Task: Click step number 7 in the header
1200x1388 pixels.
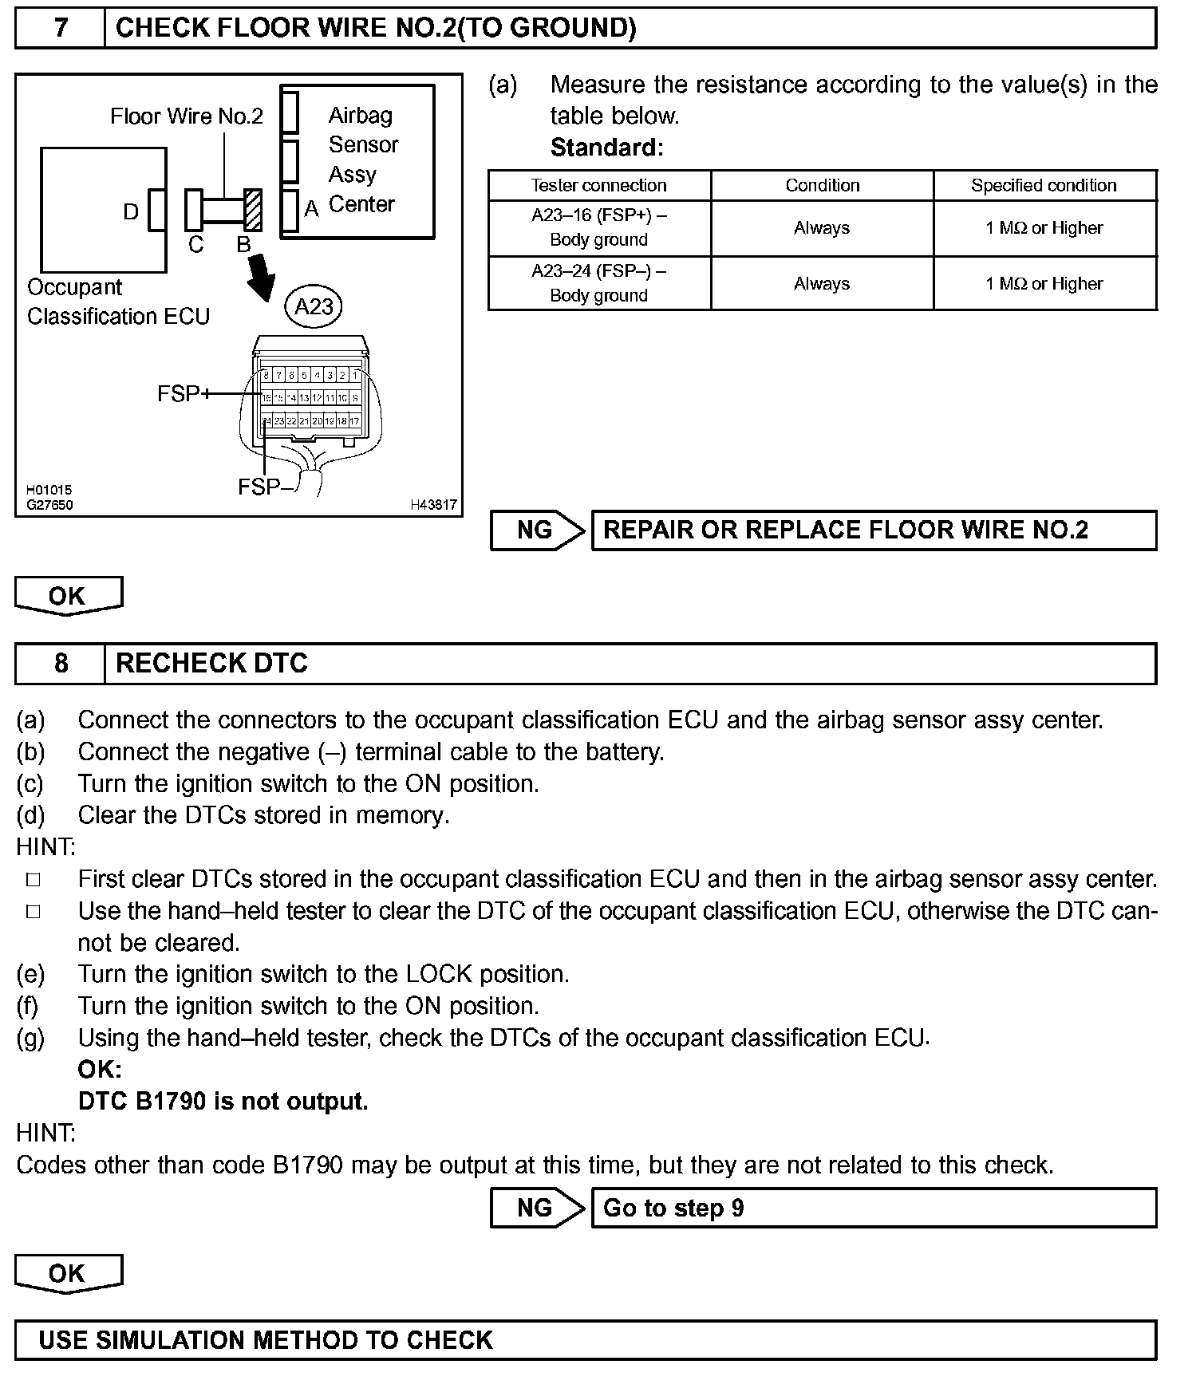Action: tap(61, 29)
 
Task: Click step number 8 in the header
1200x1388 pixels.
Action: tap(61, 664)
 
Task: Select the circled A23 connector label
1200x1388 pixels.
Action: tap(314, 307)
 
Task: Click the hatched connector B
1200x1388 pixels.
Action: tap(253, 209)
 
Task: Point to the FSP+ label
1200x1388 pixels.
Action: tap(184, 394)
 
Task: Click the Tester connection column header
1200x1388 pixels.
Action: tap(598, 186)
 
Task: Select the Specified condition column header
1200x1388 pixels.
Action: tap(1044, 186)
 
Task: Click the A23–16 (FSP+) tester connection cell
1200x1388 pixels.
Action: tap(598, 227)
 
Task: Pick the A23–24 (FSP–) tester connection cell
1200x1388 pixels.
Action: tap(598, 283)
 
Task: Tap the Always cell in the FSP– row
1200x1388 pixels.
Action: tap(822, 284)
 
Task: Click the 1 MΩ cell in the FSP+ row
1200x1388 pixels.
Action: tap(1044, 228)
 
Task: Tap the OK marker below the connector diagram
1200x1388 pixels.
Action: tap(68, 596)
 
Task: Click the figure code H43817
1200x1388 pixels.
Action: tap(433, 505)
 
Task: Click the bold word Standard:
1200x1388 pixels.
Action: tap(606, 148)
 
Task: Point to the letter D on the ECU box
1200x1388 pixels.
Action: tap(131, 212)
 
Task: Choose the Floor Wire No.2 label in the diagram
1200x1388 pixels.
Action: tap(187, 117)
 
